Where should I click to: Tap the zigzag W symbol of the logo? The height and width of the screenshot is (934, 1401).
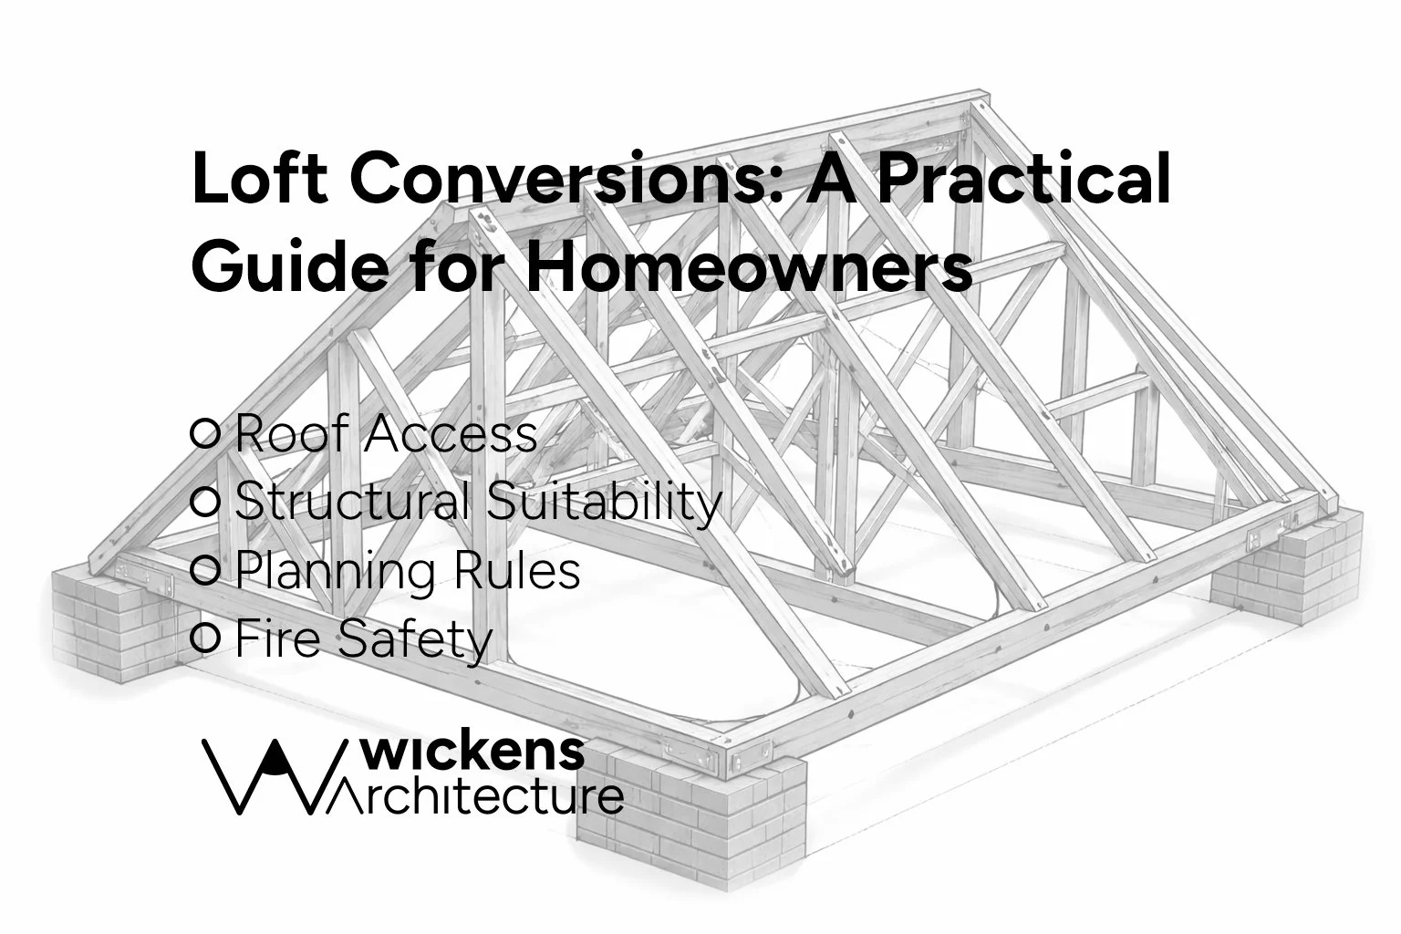265,775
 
